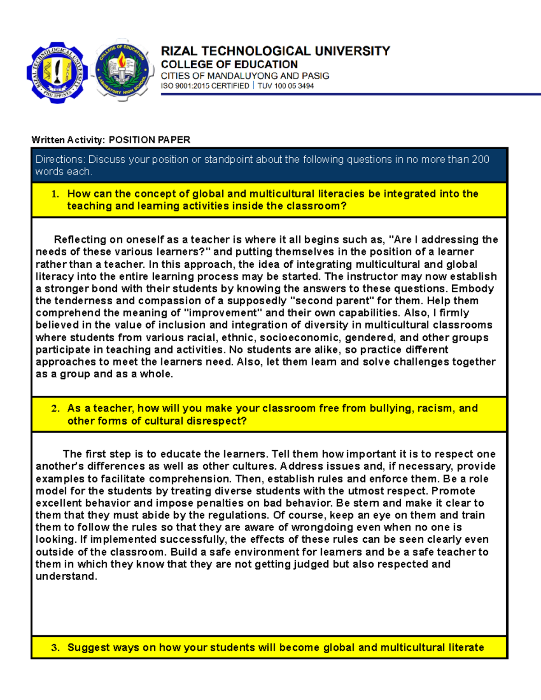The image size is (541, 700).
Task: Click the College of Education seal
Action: pos(122,70)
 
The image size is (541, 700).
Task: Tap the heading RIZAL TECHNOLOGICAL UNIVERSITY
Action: pos(275,51)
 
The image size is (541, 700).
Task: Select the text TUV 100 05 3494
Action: pos(285,86)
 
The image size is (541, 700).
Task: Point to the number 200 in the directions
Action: pos(480,160)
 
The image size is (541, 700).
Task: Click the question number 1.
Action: pos(55,194)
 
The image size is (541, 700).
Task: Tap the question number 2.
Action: pos(55,409)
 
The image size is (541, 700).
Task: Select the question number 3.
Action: pos(55,648)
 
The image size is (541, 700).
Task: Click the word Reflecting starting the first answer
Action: pos(79,240)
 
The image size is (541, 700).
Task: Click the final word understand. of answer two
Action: pos(66,576)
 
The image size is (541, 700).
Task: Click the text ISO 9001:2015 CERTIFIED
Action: pos(205,86)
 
